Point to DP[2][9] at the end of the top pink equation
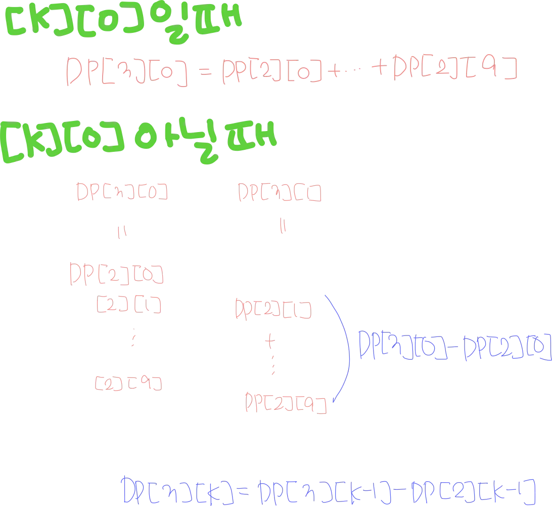click(x=455, y=69)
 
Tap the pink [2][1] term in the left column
click(x=128, y=305)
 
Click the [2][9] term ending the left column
click(x=127, y=383)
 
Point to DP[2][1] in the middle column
click(x=272, y=309)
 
